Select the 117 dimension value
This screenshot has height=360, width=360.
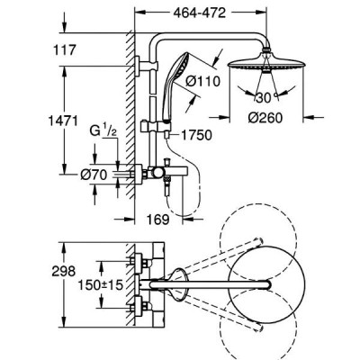pos(65,49)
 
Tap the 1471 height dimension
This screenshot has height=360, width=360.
pos(63,121)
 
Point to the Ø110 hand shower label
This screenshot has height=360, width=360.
pos(202,81)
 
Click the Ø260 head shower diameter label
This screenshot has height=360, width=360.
pos(265,117)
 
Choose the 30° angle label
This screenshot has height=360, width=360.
pos(265,97)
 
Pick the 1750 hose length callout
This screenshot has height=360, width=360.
pos(196,135)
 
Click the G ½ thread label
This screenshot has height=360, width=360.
pos(103,130)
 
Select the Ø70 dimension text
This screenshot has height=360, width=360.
pos(94,175)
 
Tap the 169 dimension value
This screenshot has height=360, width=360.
pos(158,220)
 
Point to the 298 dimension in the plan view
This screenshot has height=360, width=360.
pos(63,272)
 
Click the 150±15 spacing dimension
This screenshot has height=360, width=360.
pos(101,284)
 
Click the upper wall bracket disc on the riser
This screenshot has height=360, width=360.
pos(138,66)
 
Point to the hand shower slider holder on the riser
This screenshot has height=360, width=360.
pos(156,126)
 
